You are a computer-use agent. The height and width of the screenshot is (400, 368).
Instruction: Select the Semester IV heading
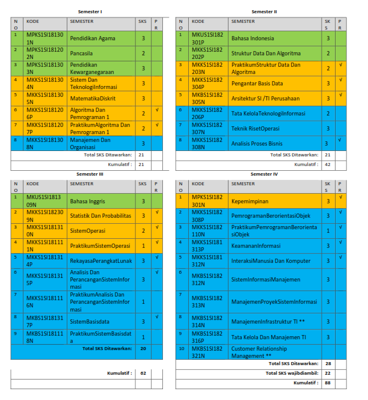coord(265,174)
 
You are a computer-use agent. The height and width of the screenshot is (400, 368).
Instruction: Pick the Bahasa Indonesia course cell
coord(253,38)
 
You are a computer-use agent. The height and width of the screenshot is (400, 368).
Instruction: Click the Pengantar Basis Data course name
coord(257,83)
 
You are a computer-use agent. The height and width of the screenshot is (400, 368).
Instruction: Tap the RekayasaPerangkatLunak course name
coord(100,260)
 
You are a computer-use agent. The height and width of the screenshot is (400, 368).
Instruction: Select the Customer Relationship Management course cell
coord(259,352)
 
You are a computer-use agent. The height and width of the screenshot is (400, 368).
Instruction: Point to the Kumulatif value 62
coord(143,374)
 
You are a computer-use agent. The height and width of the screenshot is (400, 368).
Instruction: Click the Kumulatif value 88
coord(328,383)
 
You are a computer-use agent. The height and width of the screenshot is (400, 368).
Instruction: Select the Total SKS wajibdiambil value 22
coord(328,373)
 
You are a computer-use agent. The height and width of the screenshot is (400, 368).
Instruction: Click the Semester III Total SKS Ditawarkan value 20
coord(143,348)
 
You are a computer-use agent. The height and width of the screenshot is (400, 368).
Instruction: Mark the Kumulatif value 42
coord(328,164)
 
